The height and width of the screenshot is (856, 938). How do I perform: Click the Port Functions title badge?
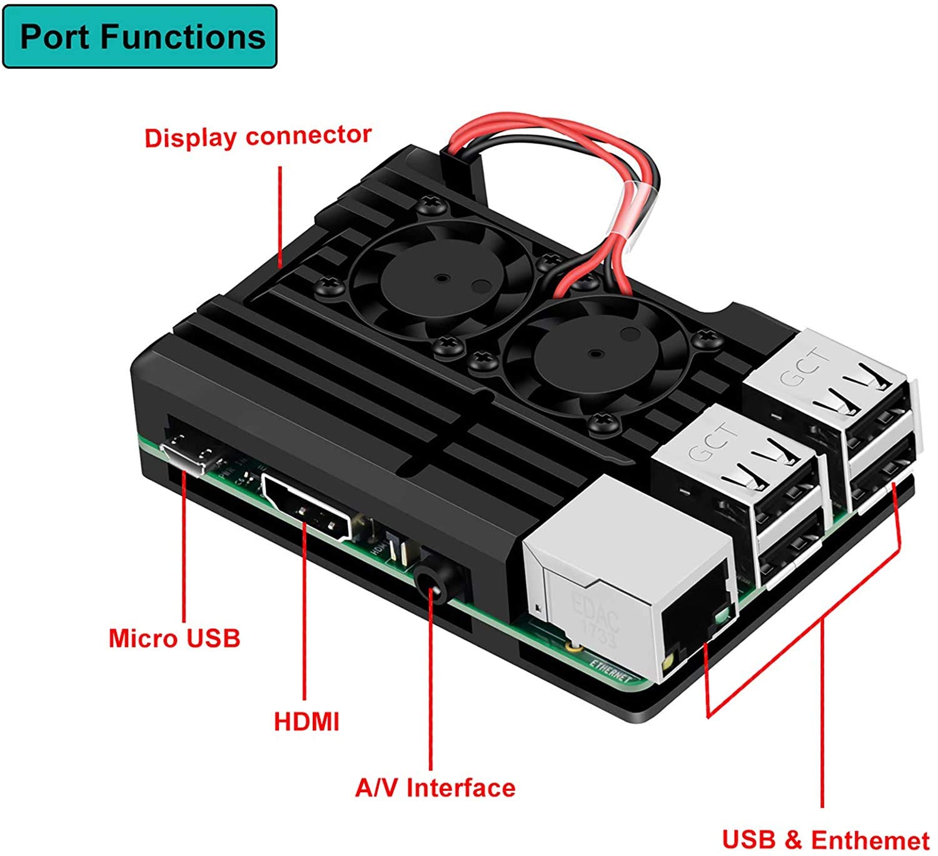140,36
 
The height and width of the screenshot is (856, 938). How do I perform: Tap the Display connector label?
258,136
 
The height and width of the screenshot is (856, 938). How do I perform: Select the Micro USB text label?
174,638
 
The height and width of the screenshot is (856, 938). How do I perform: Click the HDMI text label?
306,721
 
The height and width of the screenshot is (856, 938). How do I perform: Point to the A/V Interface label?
435,787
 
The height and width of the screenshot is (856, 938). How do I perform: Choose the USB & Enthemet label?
825,839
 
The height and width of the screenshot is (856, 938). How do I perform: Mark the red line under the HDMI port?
305,613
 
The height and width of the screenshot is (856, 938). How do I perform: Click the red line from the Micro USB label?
184,551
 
